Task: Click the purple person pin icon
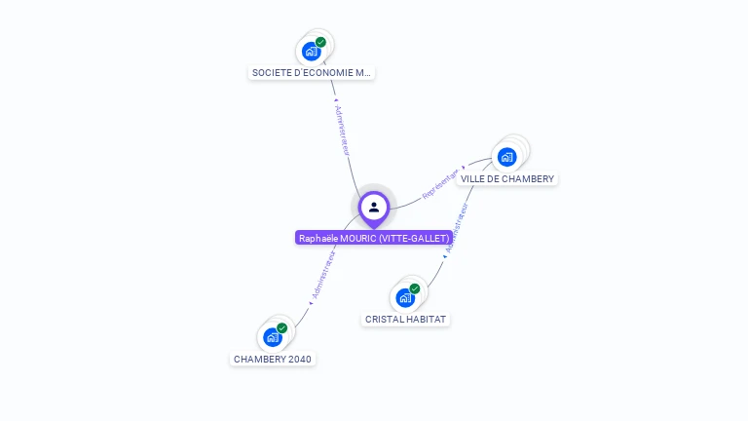point(374,208)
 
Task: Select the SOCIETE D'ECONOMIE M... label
point(312,73)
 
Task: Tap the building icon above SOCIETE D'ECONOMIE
point(312,51)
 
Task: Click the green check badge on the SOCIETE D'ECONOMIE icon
point(320,42)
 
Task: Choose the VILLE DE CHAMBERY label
point(507,179)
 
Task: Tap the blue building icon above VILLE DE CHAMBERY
point(506,156)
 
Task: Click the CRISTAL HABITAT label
point(406,320)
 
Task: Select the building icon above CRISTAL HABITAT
point(405,297)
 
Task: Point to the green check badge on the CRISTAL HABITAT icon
point(415,288)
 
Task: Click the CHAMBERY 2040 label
point(273,359)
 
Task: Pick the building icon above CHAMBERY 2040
point(273,337)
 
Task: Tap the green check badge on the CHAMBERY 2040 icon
point(282,328)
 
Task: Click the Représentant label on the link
point(441,182)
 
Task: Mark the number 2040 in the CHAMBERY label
point(300,359)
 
